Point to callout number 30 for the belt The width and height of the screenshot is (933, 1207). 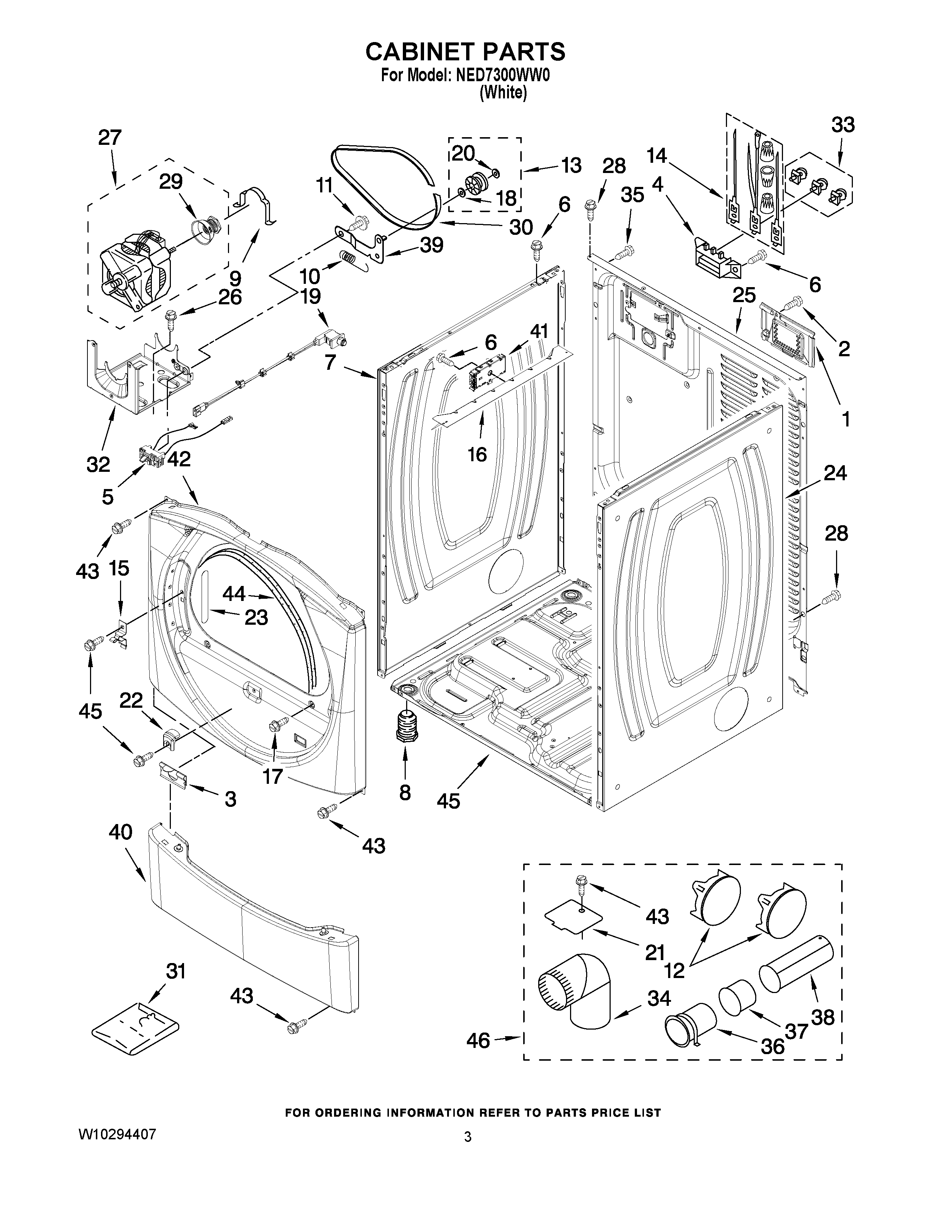click(x=520, y=227)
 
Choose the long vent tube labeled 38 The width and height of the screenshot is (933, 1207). click(x=795, y=964)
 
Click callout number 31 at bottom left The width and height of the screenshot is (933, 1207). click(x=176, y=971)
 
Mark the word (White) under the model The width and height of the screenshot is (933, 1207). click(x=503, y=93)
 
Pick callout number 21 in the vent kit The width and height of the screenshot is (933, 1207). click(x=655, y=952)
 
